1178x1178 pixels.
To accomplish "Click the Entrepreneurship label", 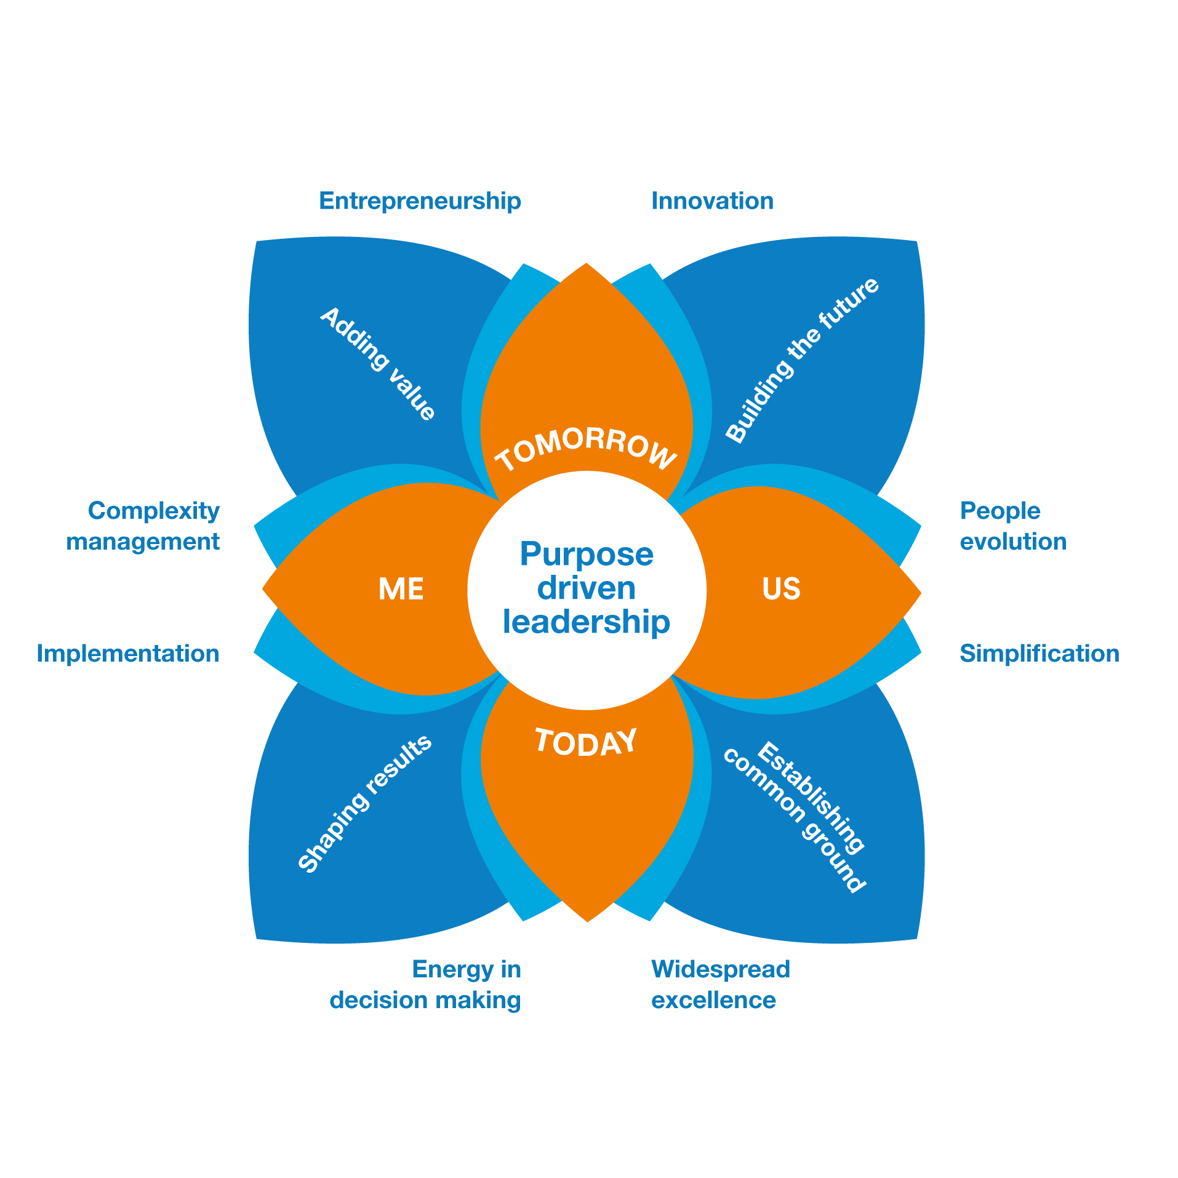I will pyautogui.click(x=420, y=201).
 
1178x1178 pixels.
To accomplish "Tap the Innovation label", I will pyautogui.click(x=712, y=201).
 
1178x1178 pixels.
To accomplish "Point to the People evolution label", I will pyautogui.click(x=1012, y=526).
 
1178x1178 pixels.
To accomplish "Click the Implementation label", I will pyautogui.click(x=128, y=654).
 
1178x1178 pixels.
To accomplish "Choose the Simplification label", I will pyautogui.click(x=1039, y=654).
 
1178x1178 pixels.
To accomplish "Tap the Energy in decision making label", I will pyautogui.click(x=426, y=985).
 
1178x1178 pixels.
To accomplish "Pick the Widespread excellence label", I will pyautogui.click(x=720, y=985).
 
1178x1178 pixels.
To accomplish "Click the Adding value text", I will pyautogui.click(x=378, y=364).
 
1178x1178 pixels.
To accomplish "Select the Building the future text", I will pyautogui.click(x=802, y=360).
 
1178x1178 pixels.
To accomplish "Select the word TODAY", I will pyautogui.click(x=586, y=742).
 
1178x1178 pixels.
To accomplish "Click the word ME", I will pyautogui.click(x=401, y=589).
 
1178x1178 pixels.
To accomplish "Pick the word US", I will pyautogui.click(x=781, y=589).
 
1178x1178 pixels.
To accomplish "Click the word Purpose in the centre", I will pyautogui.click(x=587, y=554).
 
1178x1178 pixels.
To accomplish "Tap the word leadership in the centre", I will pyautogui.click(x=587, y=622).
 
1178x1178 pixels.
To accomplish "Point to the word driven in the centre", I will pyautogui.click(x=587, y=588).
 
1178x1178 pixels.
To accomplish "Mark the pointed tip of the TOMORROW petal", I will pyautogui.click(x=587, y=265).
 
